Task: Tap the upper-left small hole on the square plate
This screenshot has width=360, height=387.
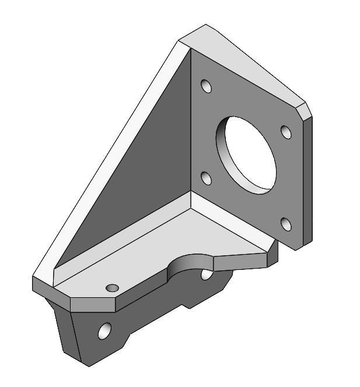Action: (x=205, y=86)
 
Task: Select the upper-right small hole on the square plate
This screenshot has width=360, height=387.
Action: (x=285, y=132)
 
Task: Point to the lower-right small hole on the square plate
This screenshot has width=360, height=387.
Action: (x=285, y=224)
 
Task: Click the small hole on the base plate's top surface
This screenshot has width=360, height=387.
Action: (x=112, y=288)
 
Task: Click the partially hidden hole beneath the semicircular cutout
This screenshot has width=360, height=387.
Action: (x=206, y=273)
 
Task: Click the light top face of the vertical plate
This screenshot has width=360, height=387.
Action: (x=245, y=64)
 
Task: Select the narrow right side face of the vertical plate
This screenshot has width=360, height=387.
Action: (x=308, y=181)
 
